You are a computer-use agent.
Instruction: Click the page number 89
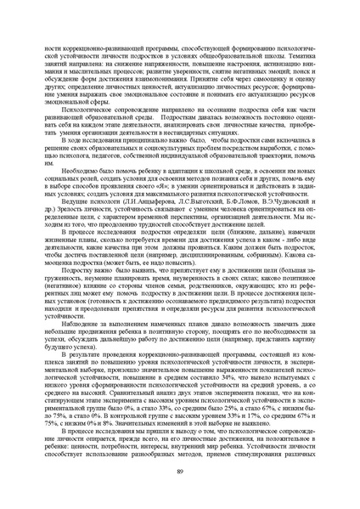(x=179, y=472)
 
